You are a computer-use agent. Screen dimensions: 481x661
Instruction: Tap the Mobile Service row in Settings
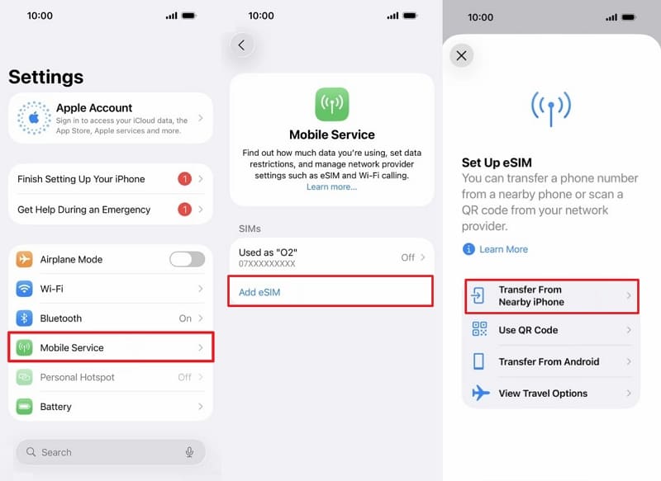pos(110,347)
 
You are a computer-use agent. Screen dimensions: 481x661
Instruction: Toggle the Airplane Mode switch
pos(187,259)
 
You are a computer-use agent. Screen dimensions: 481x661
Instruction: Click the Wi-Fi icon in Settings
pos(25,289)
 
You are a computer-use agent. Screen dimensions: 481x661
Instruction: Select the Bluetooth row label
pos(61,318)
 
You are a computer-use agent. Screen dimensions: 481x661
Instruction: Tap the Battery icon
pos(25,407)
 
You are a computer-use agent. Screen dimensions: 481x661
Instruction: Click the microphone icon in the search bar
pos(189,452)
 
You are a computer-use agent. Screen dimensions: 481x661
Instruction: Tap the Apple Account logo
pos(34,118)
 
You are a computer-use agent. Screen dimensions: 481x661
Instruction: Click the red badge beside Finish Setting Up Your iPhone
pos(185,179)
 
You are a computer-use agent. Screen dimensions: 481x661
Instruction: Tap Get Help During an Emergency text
pos(83,210)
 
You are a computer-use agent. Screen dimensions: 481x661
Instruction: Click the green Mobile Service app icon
pos(331,104)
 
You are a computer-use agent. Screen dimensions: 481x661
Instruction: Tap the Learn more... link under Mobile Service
pos(331,187)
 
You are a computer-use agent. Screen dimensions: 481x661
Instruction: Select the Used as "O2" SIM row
pos(330,257)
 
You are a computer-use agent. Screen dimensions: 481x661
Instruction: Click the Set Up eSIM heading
pos(494,163)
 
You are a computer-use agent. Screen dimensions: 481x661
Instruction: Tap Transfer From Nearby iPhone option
pos(550,296)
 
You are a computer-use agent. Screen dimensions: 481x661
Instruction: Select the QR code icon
pos(479,330)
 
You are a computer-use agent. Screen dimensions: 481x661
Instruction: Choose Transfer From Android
pos(549,361)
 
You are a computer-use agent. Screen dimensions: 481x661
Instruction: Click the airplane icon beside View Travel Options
pos(480,394)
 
